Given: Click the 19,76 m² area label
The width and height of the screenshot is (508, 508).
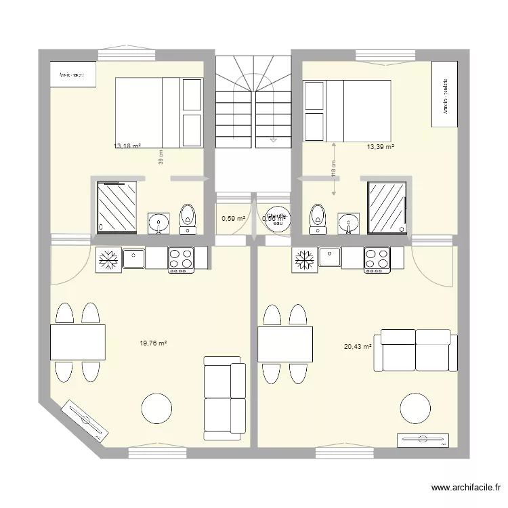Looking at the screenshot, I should pyautogui.click(x=153, y=343).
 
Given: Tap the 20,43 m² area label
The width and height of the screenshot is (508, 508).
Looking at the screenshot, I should pyautogui.click(x=358, y=347).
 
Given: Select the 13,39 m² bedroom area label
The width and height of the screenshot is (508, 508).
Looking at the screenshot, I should pyautogui.click(x=381, y=146).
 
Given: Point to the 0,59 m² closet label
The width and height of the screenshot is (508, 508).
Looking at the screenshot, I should pyautogui.click(x=233, y=218).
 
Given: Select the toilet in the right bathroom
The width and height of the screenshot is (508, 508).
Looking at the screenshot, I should pyautogui.click(x=316, y=218).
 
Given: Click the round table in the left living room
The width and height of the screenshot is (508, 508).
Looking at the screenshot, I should pyautogui.click(x=156, y=410).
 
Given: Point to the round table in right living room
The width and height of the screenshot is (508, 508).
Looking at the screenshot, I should pyautogui.click(x=415, y=409).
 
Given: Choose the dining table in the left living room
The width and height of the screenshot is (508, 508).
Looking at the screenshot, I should pyautogui.click(x=78, y=342).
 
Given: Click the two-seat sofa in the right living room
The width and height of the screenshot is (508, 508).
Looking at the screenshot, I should pyautogui.click(x=415, y=351).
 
